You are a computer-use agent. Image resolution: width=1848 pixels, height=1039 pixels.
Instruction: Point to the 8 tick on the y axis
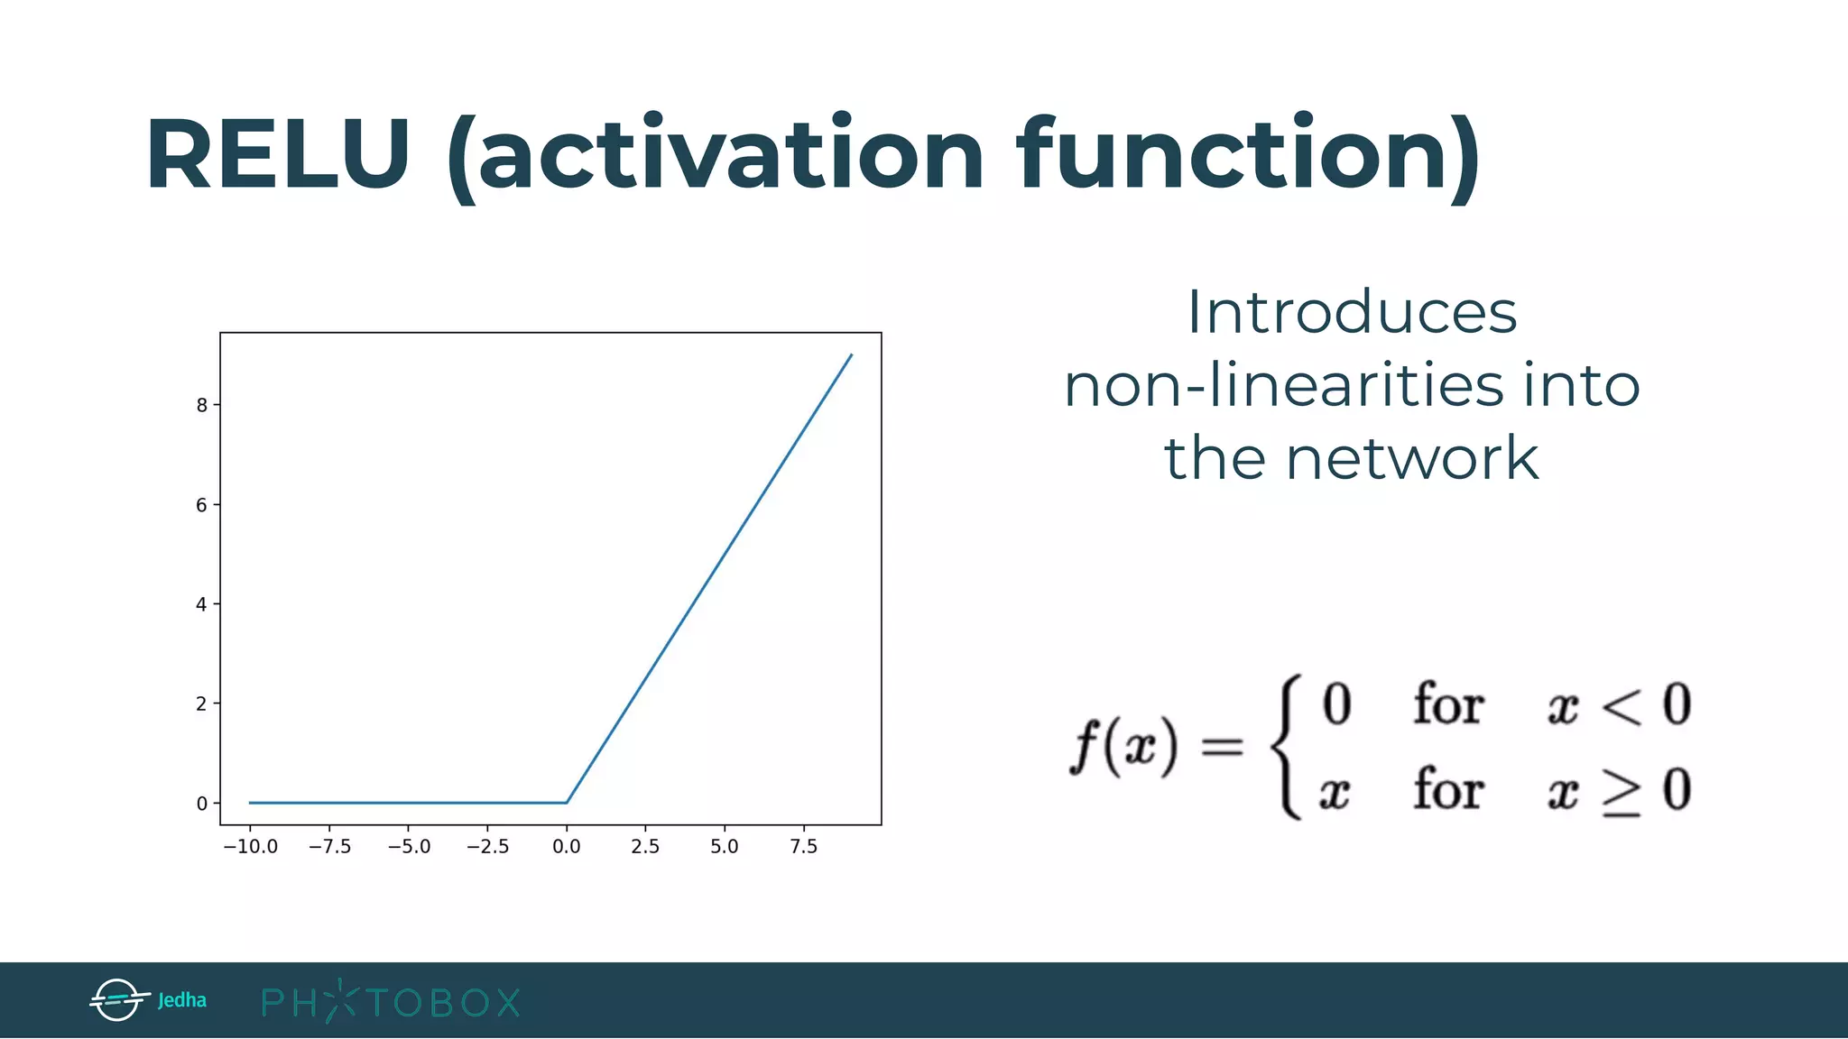[202, 405]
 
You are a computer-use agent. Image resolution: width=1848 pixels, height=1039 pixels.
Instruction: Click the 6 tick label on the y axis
[202, 505]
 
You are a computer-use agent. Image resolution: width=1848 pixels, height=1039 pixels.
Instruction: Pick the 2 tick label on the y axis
[202, 703]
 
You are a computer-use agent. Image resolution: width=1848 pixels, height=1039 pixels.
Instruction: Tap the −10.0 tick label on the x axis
[251, 847]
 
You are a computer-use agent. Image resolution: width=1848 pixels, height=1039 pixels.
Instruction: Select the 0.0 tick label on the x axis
[567, 847]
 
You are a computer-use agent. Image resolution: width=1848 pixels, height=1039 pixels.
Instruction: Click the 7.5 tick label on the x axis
[803, 847]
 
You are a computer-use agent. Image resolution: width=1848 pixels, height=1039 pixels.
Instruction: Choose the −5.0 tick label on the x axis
[409, 847]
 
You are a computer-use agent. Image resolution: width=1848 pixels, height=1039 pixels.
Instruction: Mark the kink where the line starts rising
[567, 802]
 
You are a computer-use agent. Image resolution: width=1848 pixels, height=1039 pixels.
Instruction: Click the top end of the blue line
[851, 355]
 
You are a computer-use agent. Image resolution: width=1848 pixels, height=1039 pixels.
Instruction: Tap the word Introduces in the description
[1351, 313]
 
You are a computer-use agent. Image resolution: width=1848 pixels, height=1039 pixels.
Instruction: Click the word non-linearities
[1283, 386]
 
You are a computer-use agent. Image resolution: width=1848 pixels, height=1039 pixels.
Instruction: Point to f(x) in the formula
[1123, 746]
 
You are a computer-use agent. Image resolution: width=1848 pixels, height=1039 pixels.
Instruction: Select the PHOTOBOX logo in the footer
[391, 1001]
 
